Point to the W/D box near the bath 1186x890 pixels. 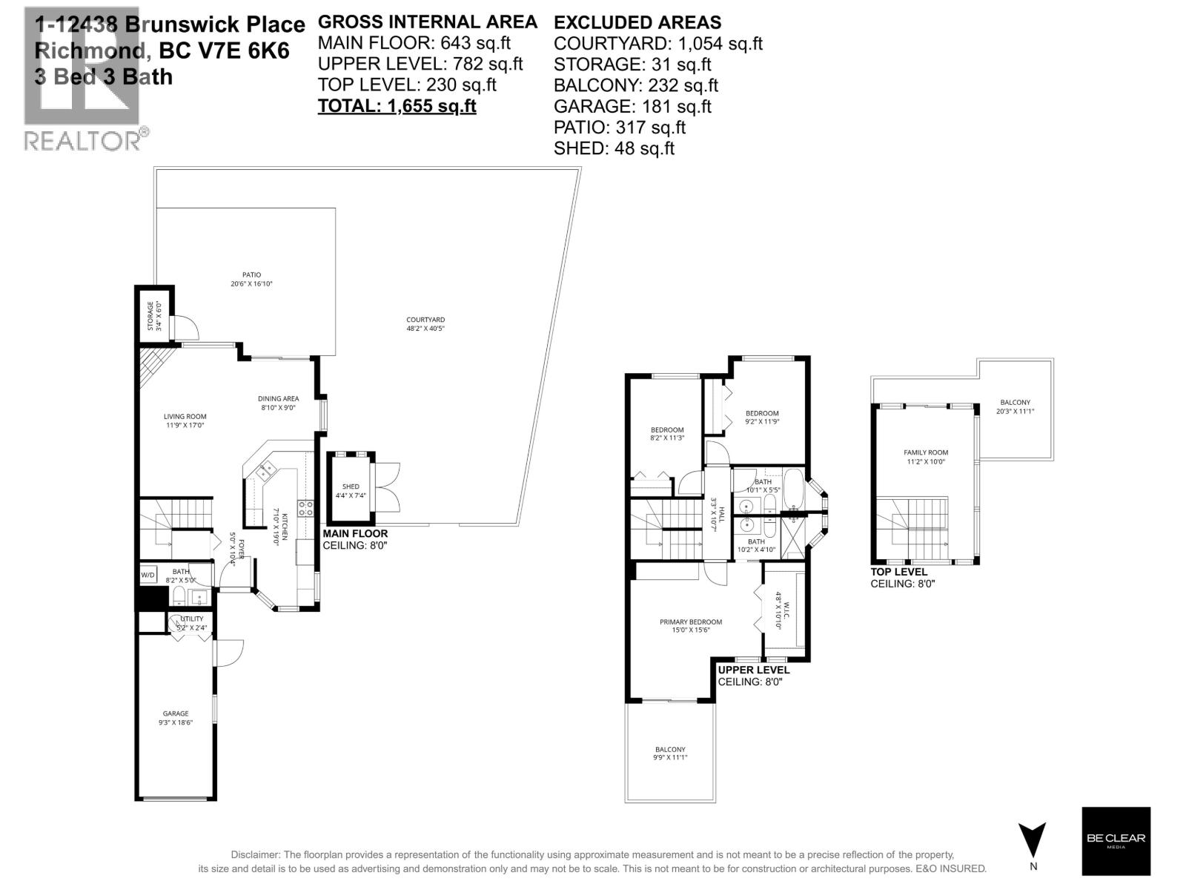(x=148, y=575)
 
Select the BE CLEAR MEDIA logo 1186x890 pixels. (x=1116, y=841)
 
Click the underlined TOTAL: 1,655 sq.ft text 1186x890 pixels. (x=397, y=106)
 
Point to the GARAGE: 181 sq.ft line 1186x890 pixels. (x=632, y=107)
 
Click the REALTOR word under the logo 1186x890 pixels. (x=82, y=140)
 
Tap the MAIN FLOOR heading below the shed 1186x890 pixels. (x=355, y=533)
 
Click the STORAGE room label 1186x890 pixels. (x=150, y=316)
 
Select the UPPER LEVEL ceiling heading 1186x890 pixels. (x=754, y=670)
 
